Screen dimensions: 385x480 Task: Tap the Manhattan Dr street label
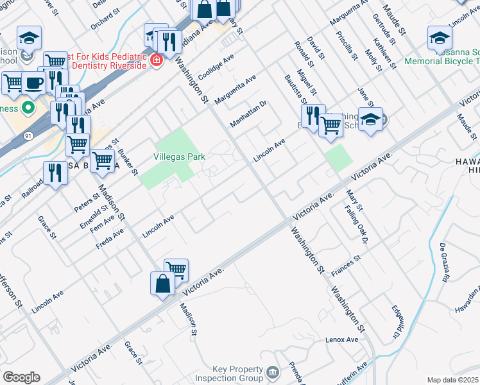[249, 114]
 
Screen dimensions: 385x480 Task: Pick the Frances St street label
[347, 266]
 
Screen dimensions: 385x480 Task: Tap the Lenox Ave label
[341, 339]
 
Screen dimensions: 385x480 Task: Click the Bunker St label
[128, 161]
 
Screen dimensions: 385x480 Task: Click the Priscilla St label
[350, 46]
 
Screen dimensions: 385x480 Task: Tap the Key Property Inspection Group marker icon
[273, 373]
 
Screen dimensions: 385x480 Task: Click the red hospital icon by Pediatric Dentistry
[155, 60]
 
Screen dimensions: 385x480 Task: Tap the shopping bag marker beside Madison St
[162, 284]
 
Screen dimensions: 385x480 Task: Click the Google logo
[21, 377]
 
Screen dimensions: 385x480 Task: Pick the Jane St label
[364, 97]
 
